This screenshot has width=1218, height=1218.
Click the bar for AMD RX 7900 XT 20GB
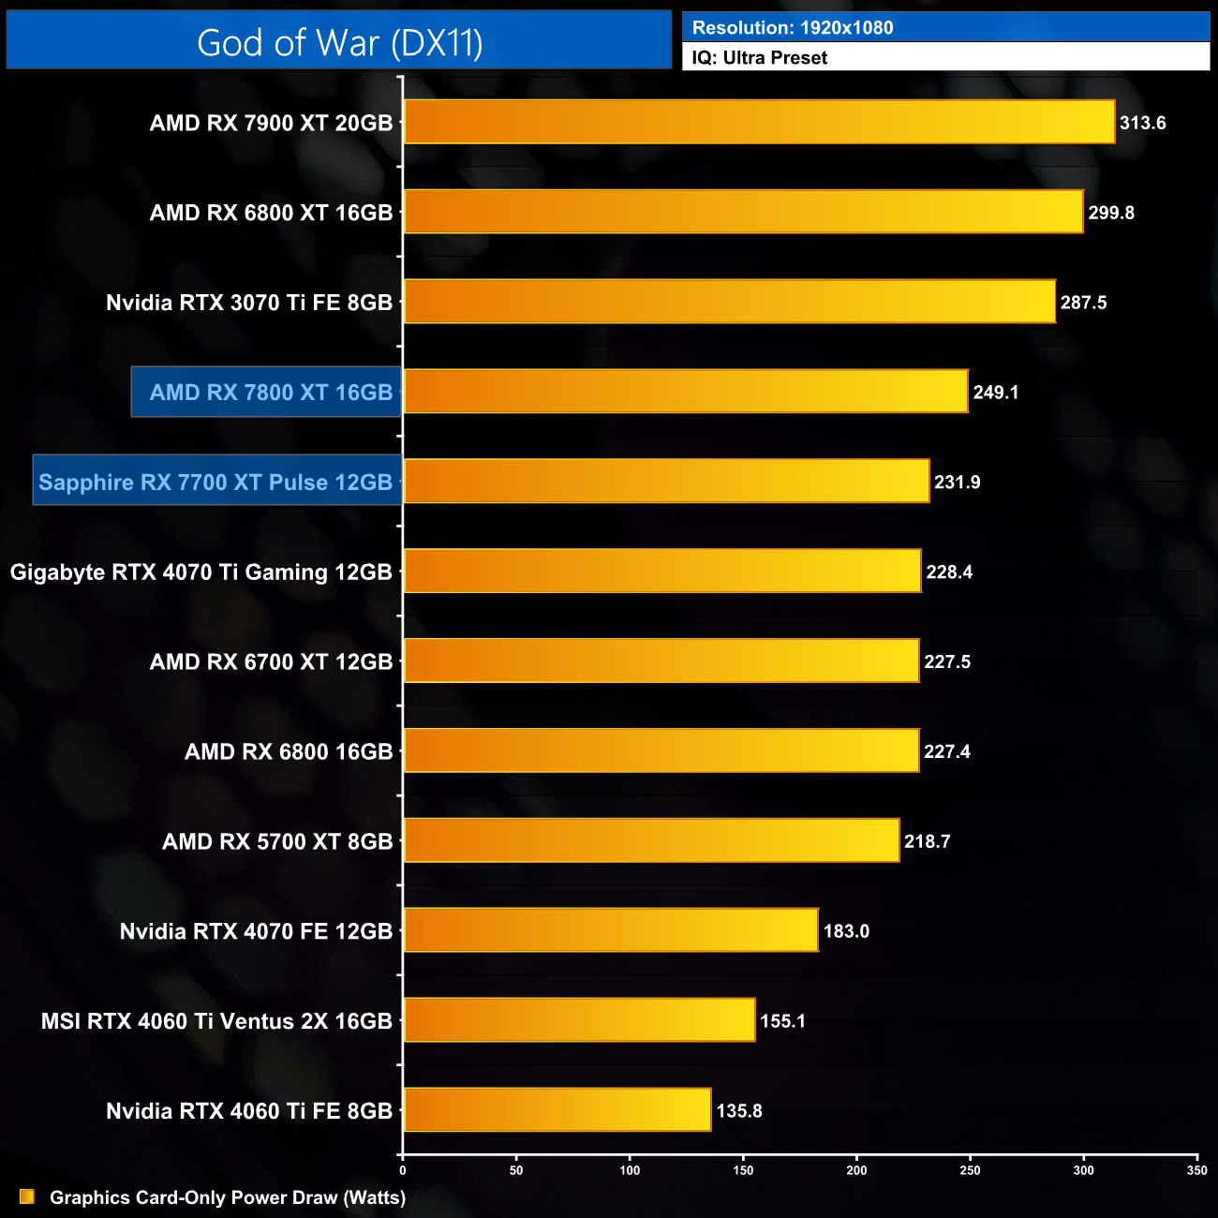[759, 122]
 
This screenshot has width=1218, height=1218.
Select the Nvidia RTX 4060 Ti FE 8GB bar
[557, 1110]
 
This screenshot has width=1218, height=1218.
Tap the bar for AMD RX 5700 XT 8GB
[651, 840]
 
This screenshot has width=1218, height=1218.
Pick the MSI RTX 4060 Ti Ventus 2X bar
[579, 1020]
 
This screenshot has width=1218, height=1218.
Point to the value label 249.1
[996, 393]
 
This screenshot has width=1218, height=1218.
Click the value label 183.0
[846, 931]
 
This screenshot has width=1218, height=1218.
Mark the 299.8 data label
[1111, 213]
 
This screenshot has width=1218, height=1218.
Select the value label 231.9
[958, 483]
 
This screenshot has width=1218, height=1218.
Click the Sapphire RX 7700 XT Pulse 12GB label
[216, 482]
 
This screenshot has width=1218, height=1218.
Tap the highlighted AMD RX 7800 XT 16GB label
[270, 392]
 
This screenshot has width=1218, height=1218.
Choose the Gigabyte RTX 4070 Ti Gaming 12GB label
[201, 572]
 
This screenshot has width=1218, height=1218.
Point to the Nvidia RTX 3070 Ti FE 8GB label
[249, 303]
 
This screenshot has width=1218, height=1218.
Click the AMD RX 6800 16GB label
[289, 751]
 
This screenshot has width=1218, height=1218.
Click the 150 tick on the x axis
[743, 1170]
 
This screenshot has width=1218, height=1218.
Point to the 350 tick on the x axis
[1196, 1170]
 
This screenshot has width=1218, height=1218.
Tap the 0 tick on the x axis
[403, 1170]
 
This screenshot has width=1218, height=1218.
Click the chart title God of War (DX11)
[339, 42]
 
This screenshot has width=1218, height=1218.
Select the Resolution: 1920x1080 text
[793, 27]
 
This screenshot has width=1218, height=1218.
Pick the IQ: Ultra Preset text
[760, 57]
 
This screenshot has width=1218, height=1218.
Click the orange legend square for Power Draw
[27, 1196]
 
